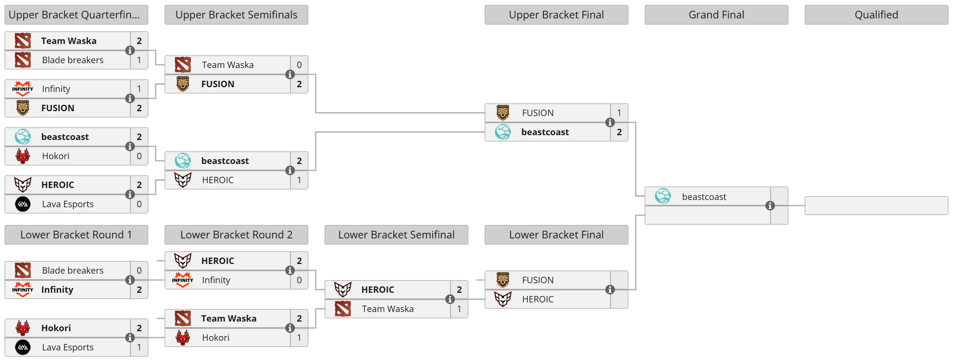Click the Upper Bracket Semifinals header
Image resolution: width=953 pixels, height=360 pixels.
[x=236, y=15]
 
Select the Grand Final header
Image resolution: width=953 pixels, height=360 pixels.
[x=716, y=15]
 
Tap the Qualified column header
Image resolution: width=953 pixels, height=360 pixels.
[x=876, y=15]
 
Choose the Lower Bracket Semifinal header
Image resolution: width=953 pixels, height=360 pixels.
[x=396, y=235]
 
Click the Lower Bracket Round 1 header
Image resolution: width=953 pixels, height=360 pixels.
[x=76, y=235]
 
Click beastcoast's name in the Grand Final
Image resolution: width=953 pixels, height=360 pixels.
[x=704, y=197]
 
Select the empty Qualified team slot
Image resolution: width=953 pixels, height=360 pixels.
[x=876, y=206]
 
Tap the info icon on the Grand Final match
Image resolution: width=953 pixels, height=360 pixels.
[x=770, y=206]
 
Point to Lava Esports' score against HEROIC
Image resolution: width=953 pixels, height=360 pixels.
[x=139, y=204]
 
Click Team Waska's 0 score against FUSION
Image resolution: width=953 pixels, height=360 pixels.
[x=299, y=65]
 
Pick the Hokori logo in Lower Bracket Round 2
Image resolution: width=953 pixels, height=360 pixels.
[x=183, y=338]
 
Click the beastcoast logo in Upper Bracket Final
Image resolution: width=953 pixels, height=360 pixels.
[x=503, y=132]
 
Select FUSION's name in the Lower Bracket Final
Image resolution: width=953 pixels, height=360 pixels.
[x=538, y=280]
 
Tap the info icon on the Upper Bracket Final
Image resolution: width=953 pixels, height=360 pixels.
[x=610, y=122]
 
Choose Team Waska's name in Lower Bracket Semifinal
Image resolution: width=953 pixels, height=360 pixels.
[x=388, y=309]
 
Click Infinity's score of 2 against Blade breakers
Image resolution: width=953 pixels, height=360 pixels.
[x=139, y=290]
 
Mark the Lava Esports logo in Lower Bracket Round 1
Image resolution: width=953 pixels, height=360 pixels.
[x=23, y=347]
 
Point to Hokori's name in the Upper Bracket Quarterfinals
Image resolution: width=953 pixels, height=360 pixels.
[x=56, y=156]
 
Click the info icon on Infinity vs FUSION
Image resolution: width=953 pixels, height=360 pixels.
[x=130, y=98]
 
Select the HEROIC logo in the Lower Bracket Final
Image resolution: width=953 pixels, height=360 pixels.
[x=503, y=299]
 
